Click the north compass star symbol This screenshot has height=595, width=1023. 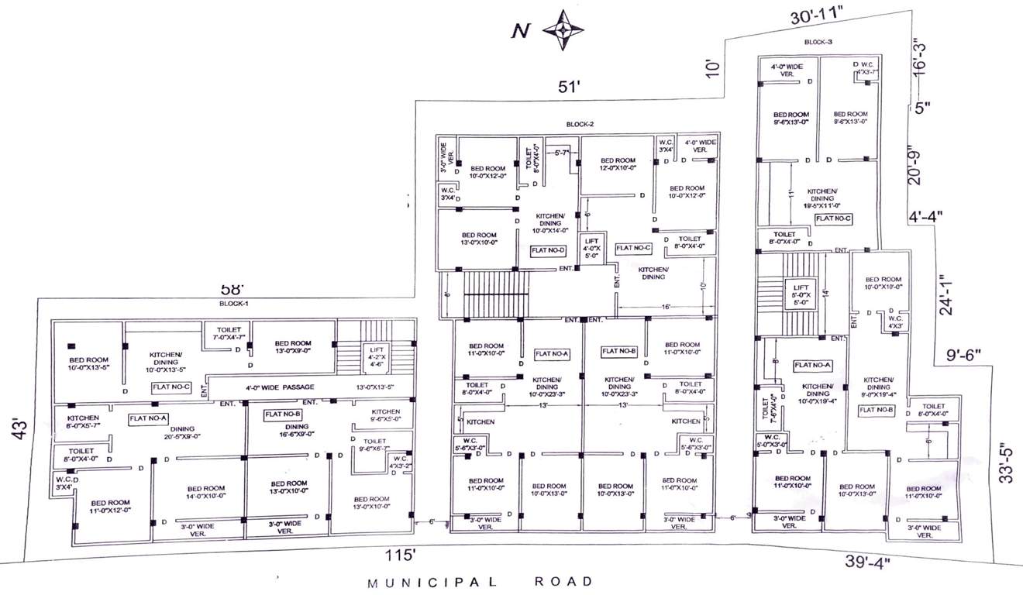(x=563, y=29)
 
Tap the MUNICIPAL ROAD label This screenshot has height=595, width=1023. (x=480, y=581)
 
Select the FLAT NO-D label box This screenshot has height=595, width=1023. (x=549, y=250)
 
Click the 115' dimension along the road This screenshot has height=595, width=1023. (x=401, y=555)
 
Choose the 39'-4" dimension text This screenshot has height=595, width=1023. (x=867, y=561)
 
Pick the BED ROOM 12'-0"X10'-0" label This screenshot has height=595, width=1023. (x=618, y=164)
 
